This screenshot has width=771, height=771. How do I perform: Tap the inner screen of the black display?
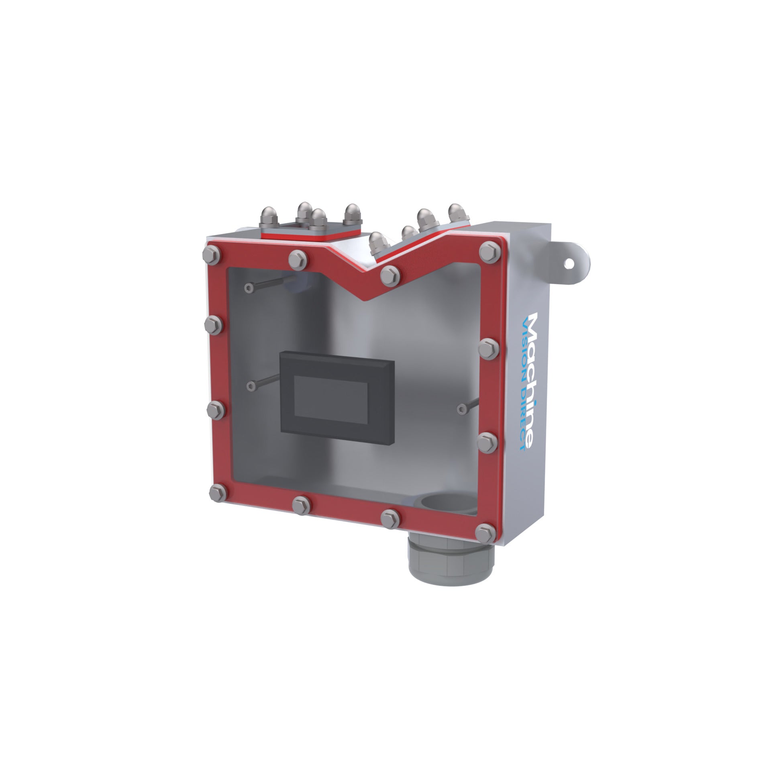[x=330, y=396]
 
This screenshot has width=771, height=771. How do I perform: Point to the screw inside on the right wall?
[x=461, y=409]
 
